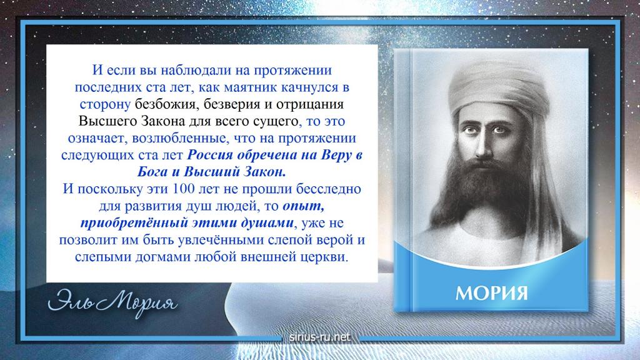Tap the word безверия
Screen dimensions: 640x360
[232, 104]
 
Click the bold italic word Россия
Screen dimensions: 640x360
[210, 155]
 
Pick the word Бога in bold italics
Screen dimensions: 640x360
[152, 172]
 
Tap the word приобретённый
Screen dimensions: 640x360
[134, 223]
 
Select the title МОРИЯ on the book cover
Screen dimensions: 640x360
[491, 293]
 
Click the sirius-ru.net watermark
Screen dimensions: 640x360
[320, 337]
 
